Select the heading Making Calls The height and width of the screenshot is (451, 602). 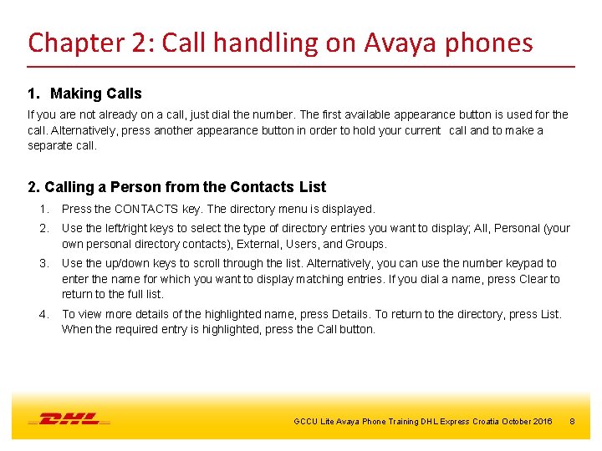click(x=96, y=94)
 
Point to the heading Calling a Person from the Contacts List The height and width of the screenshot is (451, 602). click(x=176, y=187)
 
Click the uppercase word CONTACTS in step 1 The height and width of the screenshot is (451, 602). click(x=145, y=209)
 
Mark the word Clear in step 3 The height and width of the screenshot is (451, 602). click(x=531, y=279)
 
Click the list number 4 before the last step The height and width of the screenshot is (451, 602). click(x=43, y=314)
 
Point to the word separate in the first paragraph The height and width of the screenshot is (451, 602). click(x=49, y=145)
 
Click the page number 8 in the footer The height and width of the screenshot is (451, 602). click(x=572, y=421)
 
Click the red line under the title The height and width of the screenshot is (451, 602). click(x=301, y=66)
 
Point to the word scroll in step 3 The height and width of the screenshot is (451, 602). click(x=209, y=264)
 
